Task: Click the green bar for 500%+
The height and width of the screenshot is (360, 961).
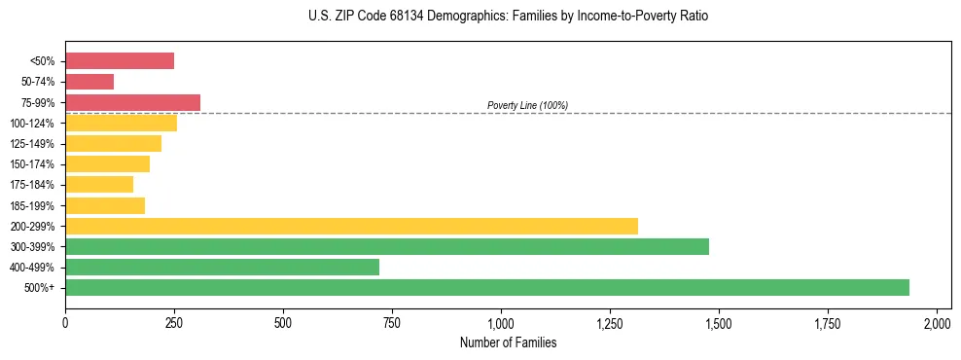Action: point(486,287)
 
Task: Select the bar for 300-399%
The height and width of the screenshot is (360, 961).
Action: point(386,246)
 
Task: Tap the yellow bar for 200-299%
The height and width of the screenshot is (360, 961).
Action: point(351,226)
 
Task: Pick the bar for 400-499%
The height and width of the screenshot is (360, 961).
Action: point(222,267)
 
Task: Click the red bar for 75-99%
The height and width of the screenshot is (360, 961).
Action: point(132,102)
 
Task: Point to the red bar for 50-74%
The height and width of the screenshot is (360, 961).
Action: point(89,82)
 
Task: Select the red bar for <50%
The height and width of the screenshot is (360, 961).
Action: point(120,61)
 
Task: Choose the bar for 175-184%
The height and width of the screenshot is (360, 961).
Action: point(99,185)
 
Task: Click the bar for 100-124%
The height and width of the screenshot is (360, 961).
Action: point(121,123)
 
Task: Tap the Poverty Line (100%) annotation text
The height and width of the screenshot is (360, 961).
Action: point(527,105)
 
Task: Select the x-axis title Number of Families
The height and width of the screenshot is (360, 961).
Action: point(501,342)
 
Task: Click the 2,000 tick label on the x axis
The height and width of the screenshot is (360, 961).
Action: point(937,323)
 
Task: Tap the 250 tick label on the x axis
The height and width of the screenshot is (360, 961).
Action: point(174,323)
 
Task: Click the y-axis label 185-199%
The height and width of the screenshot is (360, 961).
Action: point(32,205)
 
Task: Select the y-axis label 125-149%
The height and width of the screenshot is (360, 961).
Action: point(32,144)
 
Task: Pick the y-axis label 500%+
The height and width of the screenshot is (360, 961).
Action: point(40,288)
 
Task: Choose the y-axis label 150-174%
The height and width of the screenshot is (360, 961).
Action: point(32,164)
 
